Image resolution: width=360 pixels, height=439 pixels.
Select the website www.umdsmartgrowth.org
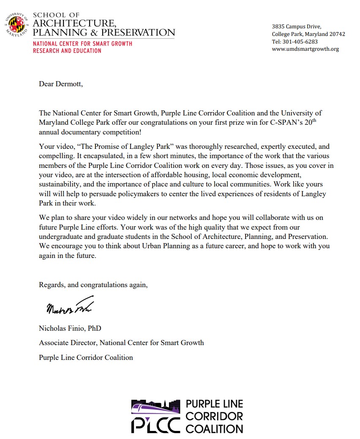pyautogui.click(x=305, y=49)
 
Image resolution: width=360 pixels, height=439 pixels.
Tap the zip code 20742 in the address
pyautogui.click(x=337, y=34)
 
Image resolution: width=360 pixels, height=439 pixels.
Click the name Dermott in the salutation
pyautogui.click(x=68, y=84)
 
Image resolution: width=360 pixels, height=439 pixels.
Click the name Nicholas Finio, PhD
pyautogui.click(x=70, y=328)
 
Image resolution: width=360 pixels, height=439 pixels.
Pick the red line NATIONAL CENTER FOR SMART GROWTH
pyautogui.click(x=82, y=44)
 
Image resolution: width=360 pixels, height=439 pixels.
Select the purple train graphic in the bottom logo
pyautogui.click(x=156, y=409)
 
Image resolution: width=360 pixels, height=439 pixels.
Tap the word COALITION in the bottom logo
pyautogui.click(x=214, y=428)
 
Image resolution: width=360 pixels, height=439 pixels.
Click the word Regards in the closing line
pyautogui.click(x=52, y=285)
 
